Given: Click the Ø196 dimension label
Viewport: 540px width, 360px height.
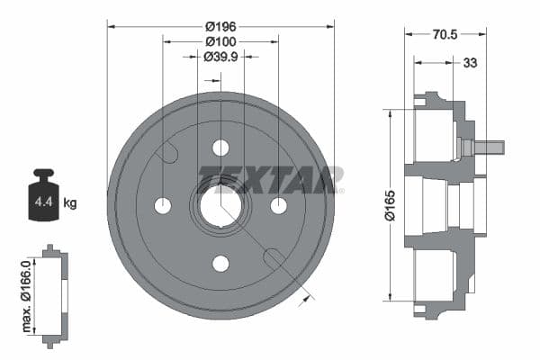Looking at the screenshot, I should tap(220, 27).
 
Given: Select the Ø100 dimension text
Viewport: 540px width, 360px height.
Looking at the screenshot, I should tap(220, 41).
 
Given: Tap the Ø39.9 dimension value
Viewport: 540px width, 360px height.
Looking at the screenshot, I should tap(220, 57).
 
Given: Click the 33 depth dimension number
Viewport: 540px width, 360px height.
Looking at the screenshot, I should tap(470, 63).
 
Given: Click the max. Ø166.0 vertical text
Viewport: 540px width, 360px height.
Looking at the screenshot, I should tap(27, 292).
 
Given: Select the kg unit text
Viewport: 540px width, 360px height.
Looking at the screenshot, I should tap(70, 202).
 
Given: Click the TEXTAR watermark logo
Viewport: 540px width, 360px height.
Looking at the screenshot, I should tap(270, 178).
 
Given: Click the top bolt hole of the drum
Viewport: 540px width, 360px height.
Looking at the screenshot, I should tap(220, 148).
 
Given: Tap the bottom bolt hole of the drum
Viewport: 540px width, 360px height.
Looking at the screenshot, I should tap(220, 263).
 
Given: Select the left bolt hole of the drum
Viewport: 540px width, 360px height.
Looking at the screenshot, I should tap(163, 205).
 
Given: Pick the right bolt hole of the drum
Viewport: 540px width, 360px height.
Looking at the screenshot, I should tap(278, 205).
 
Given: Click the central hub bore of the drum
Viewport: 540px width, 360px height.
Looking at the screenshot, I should tap(220, 206).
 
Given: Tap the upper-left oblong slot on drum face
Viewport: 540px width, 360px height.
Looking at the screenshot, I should tap(166, 153).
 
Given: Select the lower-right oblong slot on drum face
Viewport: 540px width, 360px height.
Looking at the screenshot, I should tap(274, 258).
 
